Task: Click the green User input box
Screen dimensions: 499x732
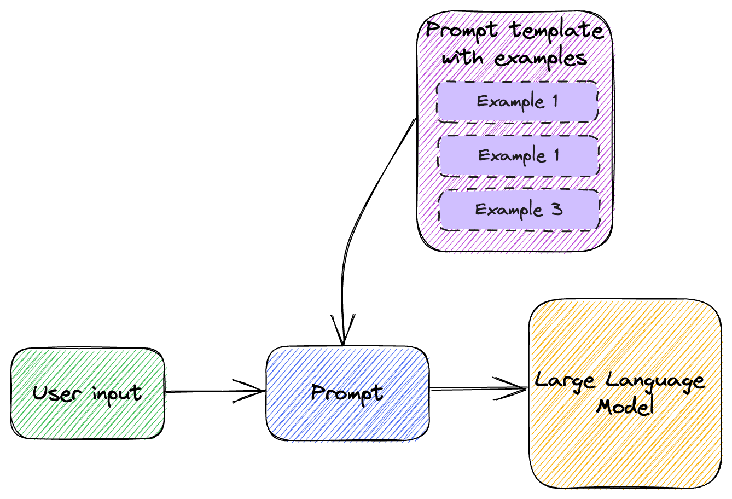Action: [x=88, y=416]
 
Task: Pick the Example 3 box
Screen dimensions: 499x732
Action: [x=519, y=210]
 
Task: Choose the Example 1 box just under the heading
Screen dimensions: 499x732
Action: [x=517, y=101]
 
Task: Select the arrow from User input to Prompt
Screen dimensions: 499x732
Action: [x=213, y=391]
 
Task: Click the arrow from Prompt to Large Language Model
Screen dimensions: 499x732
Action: [x=476, y=389]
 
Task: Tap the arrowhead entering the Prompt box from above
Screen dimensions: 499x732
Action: [x=342, y=331]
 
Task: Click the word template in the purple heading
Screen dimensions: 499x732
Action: [x=557, y=30]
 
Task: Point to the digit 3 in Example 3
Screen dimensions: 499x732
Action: [x=557, y=209]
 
